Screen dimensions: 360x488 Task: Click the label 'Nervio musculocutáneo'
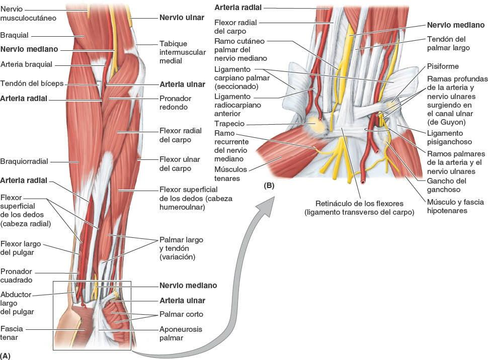pos(28,14)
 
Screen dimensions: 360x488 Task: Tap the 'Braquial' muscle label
pos(15,36)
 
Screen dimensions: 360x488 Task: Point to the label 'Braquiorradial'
pos(24,161)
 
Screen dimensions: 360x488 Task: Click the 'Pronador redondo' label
pos(174,103)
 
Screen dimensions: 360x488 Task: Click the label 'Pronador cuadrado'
pos(17,275)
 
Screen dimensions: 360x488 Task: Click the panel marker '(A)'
pos(6,355)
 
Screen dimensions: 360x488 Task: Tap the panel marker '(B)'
pos(269,186)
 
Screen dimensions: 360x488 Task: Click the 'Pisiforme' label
pos(443,66)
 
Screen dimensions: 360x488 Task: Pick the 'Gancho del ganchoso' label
pos(447,185)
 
